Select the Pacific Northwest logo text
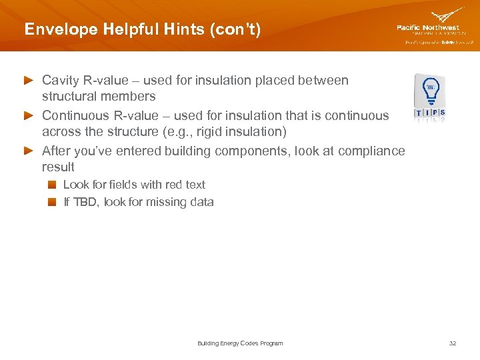coord(427,28)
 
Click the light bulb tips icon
coord(430,97)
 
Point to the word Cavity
coord(61,81)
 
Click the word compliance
coord(371,151)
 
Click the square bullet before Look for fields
coord(51,185)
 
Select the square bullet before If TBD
coord(51,203)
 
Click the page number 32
coord(453,343)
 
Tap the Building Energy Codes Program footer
coord(240,343)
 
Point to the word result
coord(58,167)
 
